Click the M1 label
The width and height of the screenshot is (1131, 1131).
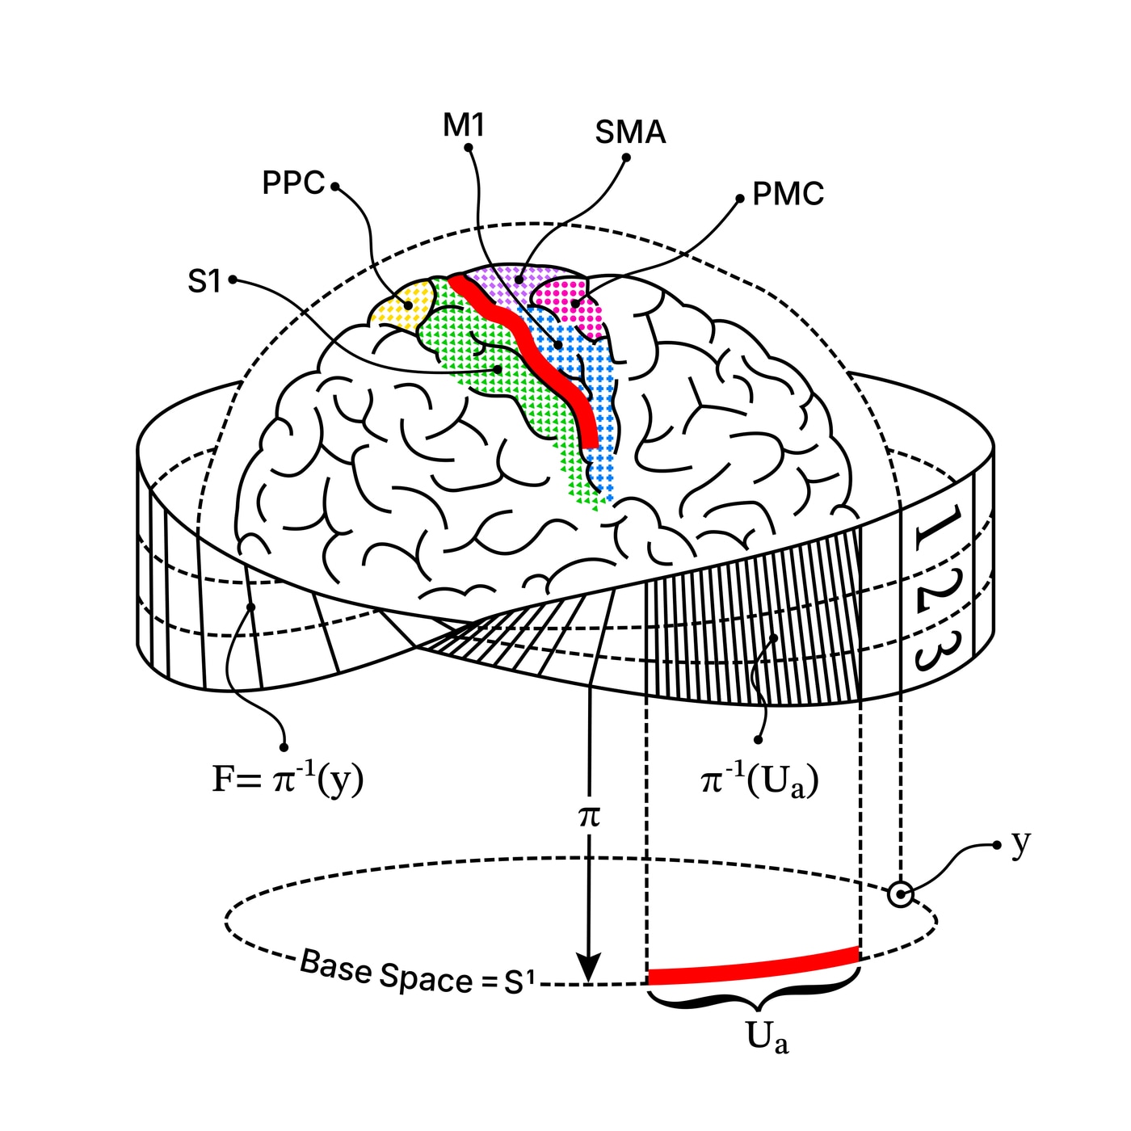click(x=464, y=125)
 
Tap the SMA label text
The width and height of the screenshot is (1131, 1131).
click(x=630, y=132)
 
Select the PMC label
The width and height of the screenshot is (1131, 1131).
click(x=788, y=194)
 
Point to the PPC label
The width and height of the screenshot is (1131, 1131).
click(x=293, y=183)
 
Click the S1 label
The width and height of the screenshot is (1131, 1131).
click(x=204, y=281)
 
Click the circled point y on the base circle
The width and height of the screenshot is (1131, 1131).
click(x=901, y=895)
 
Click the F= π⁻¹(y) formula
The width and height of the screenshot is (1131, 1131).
click(x=288, y=780)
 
